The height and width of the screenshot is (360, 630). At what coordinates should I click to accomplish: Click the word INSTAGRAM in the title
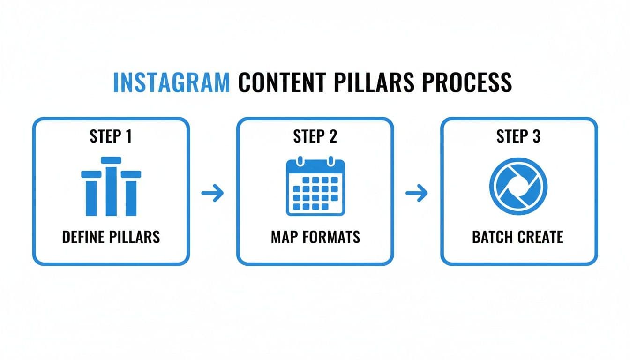tap(172, 83)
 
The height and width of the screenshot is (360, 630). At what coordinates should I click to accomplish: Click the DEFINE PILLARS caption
tap(111, 237)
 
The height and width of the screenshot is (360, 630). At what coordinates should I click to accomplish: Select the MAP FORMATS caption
tap(315, 237)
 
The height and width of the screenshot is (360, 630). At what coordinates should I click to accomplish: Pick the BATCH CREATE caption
tap(518, 237)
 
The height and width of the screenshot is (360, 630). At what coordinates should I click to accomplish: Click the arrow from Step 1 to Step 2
tap(213, 193)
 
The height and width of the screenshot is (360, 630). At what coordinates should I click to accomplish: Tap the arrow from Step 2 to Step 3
tap(417, 193)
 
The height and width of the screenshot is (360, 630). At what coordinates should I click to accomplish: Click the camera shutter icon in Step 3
tap(518, 187)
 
